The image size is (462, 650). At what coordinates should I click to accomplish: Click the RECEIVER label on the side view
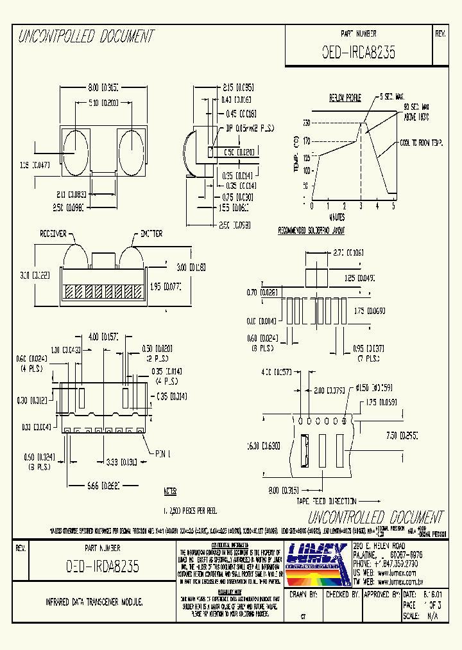click(x=53, y=234)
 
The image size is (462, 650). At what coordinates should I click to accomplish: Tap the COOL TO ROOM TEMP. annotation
click(x=421, y=143)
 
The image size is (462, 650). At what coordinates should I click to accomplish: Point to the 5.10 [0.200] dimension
click(x=100, y=103)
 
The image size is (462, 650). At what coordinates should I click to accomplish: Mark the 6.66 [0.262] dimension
click(x=103, y=486)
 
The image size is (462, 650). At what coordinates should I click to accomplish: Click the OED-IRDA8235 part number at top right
click(x=358, y=53)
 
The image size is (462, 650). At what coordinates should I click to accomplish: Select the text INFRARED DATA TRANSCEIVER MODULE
click(x=94, y=602)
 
